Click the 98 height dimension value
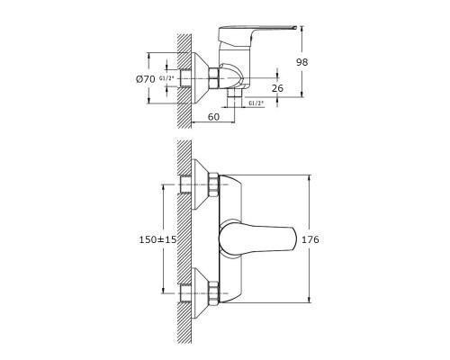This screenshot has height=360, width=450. point(302,62)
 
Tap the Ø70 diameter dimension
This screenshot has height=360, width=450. point(146,79)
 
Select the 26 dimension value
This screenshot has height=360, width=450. point(277,88)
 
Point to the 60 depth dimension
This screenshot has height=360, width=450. point(213,116)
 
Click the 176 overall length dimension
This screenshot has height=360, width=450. point(310,239)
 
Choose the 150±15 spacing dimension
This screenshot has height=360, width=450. point(158,239)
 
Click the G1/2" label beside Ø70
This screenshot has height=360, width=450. point(166,78)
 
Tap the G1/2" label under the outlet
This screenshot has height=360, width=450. point(256,103)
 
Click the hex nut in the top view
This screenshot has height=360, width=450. point(213,78)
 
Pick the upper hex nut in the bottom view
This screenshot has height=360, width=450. point(213,184)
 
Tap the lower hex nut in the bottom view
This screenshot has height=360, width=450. point(213,293)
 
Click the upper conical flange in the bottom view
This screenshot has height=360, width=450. point(199,184)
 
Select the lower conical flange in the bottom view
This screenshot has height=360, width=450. point(199,293)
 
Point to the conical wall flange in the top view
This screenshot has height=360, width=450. point(200,78)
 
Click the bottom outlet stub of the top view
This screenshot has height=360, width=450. point(234,97)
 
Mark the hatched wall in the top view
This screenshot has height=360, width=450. point(184,81)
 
